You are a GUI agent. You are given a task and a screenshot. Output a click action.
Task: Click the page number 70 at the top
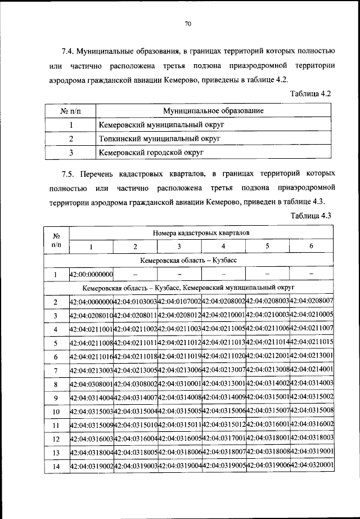[x=188, y=23]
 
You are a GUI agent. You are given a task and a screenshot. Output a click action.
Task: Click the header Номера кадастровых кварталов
[x=201, y=232]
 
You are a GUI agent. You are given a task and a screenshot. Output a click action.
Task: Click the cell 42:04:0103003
[x=136, y=302]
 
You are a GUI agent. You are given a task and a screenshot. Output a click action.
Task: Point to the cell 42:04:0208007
[x=312, y=302]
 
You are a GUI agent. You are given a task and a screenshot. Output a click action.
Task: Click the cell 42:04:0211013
[x=223, y=342]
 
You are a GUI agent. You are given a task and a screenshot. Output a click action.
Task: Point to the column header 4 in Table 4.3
[x=223, y=246]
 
